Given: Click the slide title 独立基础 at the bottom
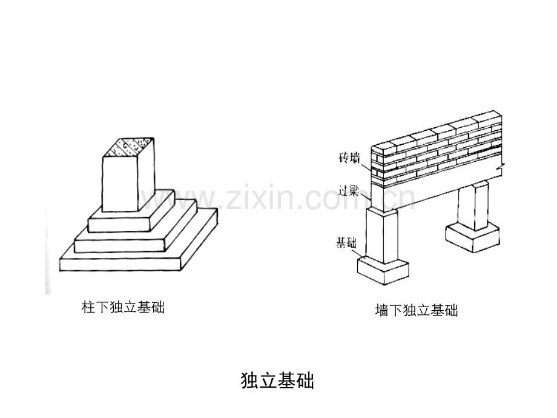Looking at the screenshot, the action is pos(277,380).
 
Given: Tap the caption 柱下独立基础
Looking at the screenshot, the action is pos(124,307).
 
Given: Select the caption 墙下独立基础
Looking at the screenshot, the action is pos(417,310).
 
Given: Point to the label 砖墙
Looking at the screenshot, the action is pos(349,158).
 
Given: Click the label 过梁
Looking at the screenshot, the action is pos(348,191).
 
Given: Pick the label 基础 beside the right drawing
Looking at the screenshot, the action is pos(346,243).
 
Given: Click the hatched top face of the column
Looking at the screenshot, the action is pos(128,147).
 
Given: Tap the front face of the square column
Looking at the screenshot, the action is pos(120,184).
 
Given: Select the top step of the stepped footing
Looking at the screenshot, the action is pos(131,212).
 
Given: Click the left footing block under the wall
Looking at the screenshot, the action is pos(383,271).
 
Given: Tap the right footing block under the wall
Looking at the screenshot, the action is pos(472,236).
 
